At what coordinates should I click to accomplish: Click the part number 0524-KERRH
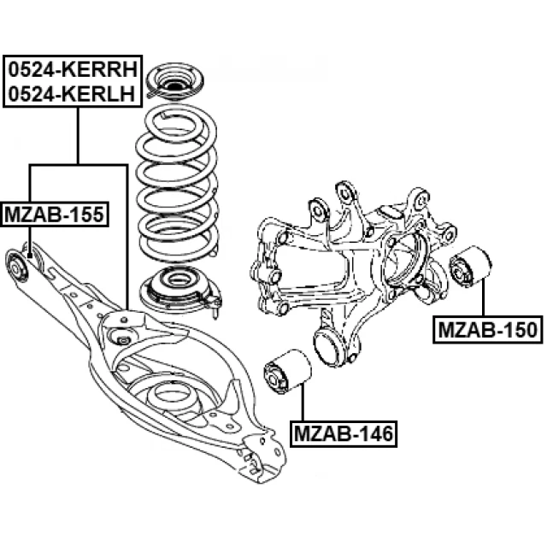point(73,70)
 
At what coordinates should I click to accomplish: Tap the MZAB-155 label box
point(56,214)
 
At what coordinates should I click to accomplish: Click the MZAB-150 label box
point(489,328)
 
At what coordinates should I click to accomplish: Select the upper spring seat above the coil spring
point(177,86)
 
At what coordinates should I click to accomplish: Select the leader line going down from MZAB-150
point(484,299)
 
